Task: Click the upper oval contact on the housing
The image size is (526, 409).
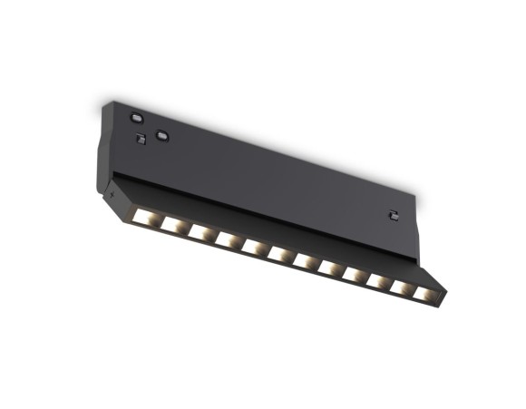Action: point(137,116)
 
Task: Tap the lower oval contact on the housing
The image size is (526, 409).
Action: point(161,136)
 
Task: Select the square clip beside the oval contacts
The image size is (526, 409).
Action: point(141,138)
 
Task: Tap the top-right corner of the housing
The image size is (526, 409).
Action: point(416,195)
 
